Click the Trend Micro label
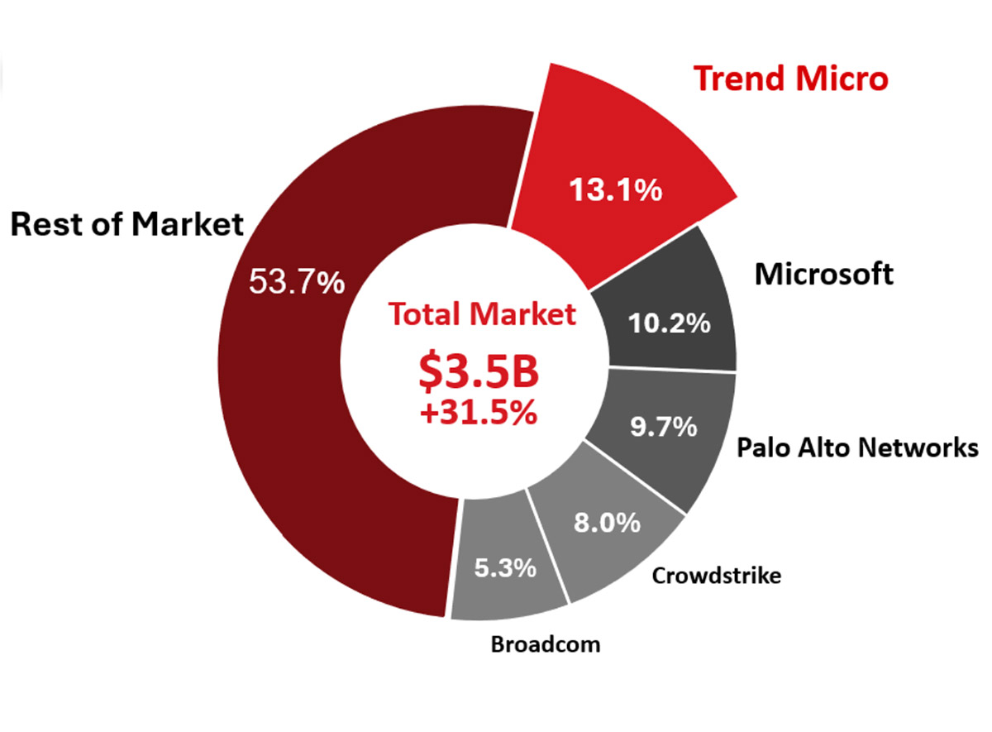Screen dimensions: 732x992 click(x=791, y=79)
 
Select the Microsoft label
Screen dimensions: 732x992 click(x=824, y=274)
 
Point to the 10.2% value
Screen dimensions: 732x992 click(x=670, y=323)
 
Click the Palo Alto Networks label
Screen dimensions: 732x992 click(x=858, y=448)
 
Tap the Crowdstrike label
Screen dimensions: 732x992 click(x=716, y=576)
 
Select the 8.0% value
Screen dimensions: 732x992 click(x=606, y=522)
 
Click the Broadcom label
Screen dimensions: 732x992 click(x=546, y=643)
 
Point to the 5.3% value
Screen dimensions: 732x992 click(x=505, y=568)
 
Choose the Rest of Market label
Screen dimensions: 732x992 click(x=127, y=224)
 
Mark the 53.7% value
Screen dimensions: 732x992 click(x=297, y=283)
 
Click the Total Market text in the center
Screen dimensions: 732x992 click(x=481, y=314)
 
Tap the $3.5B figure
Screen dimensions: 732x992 click(x=479, y=372)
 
